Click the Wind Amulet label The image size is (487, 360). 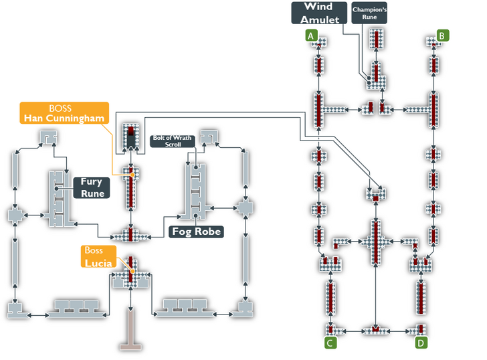point(318,13)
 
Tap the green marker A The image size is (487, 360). point(311,35)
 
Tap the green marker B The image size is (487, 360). point(443,35)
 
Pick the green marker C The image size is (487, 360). point(330,343)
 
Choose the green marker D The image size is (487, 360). point(421,343)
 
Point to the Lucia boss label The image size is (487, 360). point(98,257)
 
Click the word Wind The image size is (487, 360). point(318,7)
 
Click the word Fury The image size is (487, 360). point(91,181)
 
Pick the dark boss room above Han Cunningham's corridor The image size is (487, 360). point(130,137)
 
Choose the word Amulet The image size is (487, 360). point(318,19)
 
